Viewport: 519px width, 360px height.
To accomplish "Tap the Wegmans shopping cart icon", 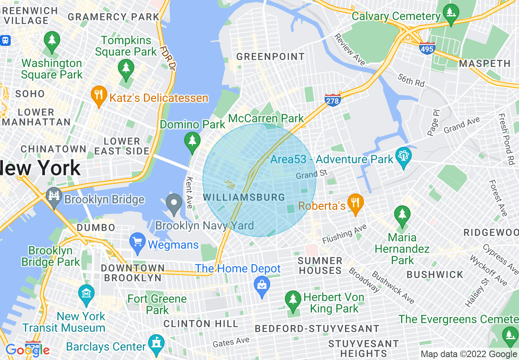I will pos(137,243).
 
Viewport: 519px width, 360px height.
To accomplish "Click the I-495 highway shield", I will pos(426,49).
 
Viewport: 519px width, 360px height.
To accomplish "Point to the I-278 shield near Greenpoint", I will pos(333,100).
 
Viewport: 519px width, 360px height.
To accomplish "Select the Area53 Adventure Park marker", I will pos(403,157).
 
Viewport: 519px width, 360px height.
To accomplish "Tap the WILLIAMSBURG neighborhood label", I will pos(244,198).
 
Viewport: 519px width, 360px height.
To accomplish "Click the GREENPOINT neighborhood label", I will pos(271,57).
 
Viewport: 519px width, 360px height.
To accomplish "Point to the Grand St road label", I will pos(312,175).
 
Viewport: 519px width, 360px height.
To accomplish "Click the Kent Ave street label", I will pos(190,192).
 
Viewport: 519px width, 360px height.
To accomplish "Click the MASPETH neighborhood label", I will pos(485,64).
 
